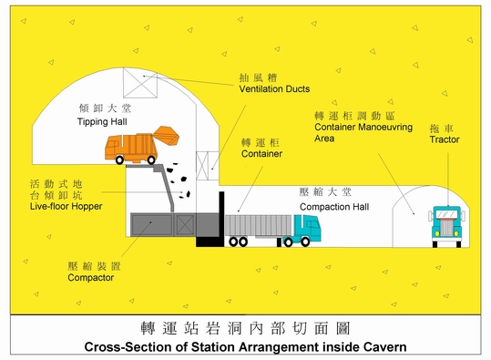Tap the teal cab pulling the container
301,230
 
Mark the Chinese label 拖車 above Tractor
444,127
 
